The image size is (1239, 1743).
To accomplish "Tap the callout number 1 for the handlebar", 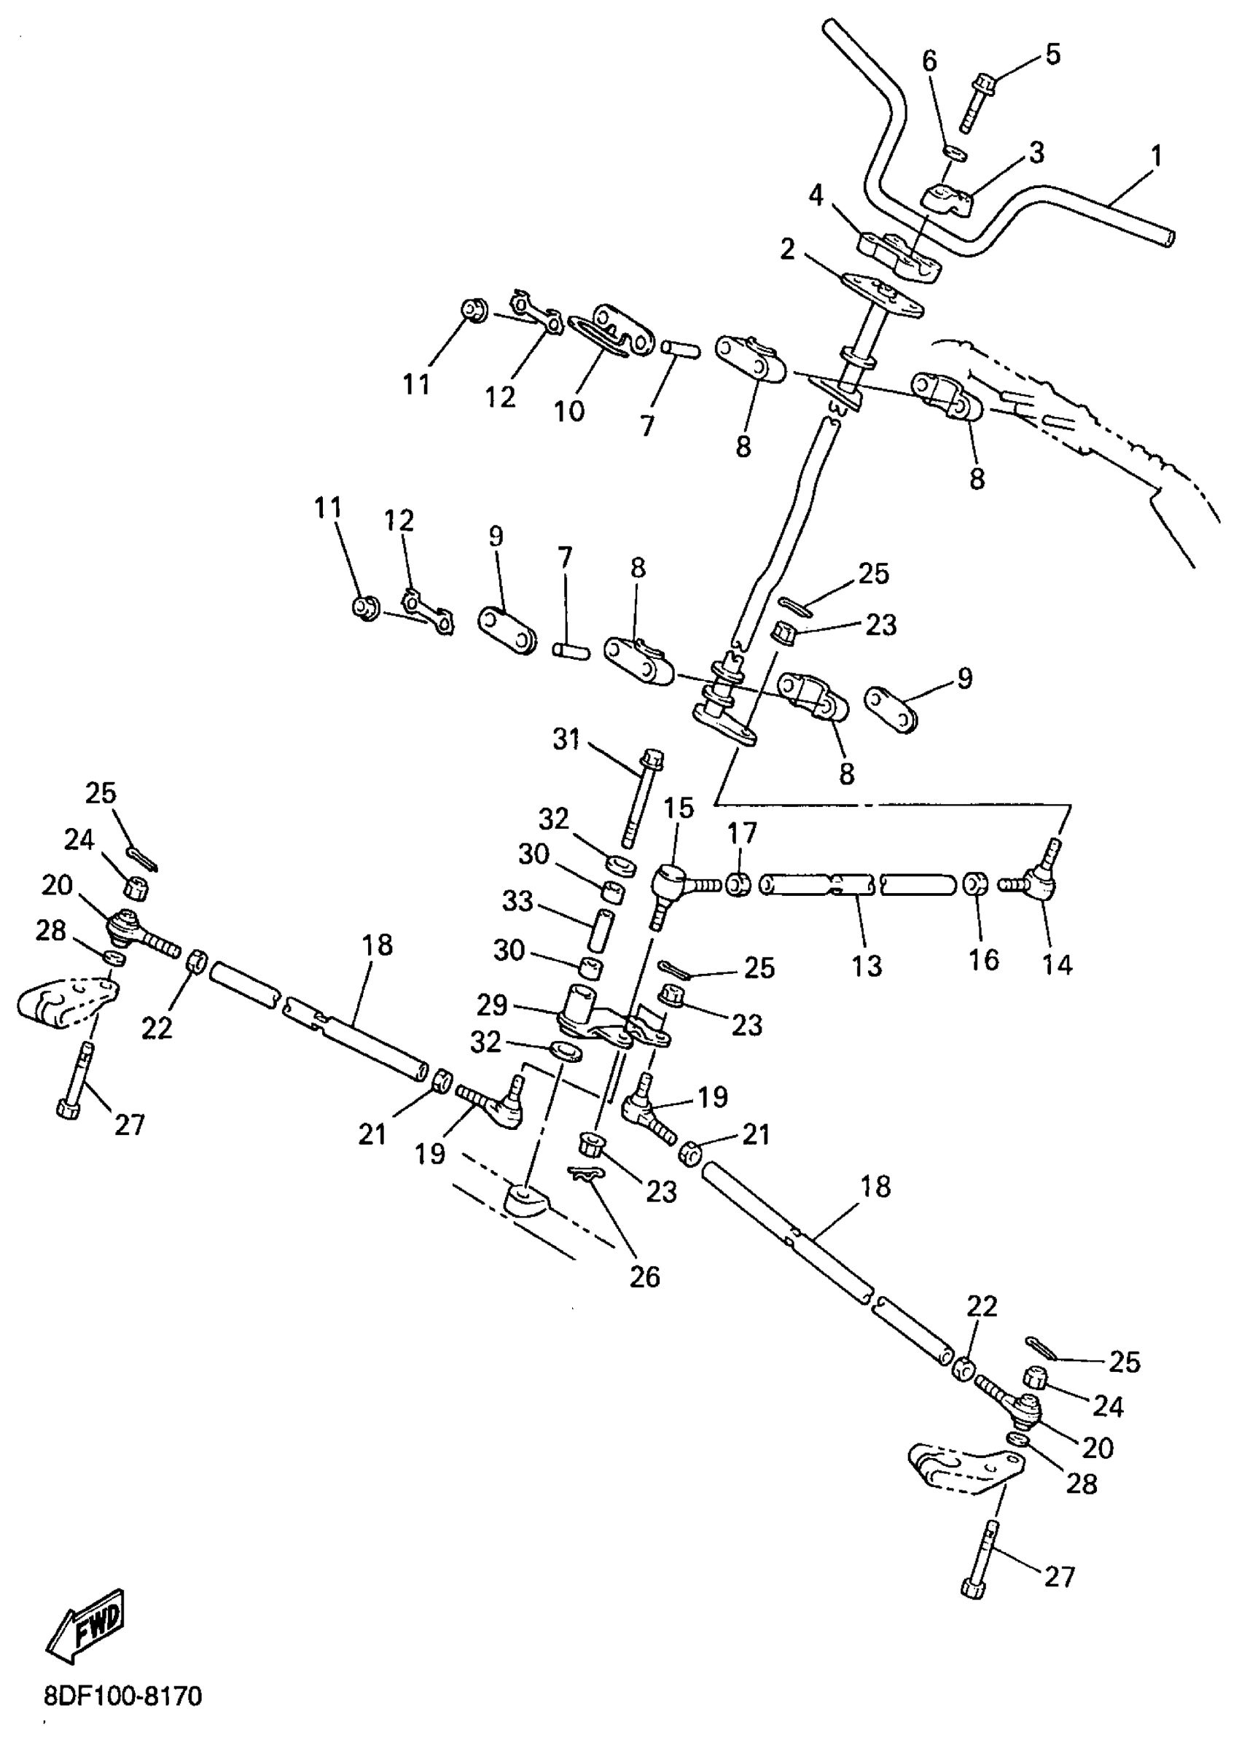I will coord(1156,157).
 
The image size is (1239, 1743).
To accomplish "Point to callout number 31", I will coord(566,738).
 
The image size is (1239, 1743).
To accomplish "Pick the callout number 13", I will coord(867,965).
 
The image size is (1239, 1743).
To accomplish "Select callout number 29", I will coord(492,1005).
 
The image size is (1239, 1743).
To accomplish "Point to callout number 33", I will coord(517,901).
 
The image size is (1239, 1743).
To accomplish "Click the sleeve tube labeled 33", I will coord(601,927).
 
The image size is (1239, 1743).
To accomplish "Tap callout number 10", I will coord(569,410).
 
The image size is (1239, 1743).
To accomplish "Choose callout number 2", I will coord(788,249).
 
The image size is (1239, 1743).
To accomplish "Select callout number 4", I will coord(816,196).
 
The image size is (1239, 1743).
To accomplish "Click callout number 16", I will coord(983,959).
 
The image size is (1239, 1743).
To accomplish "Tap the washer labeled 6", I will coord(955,152).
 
